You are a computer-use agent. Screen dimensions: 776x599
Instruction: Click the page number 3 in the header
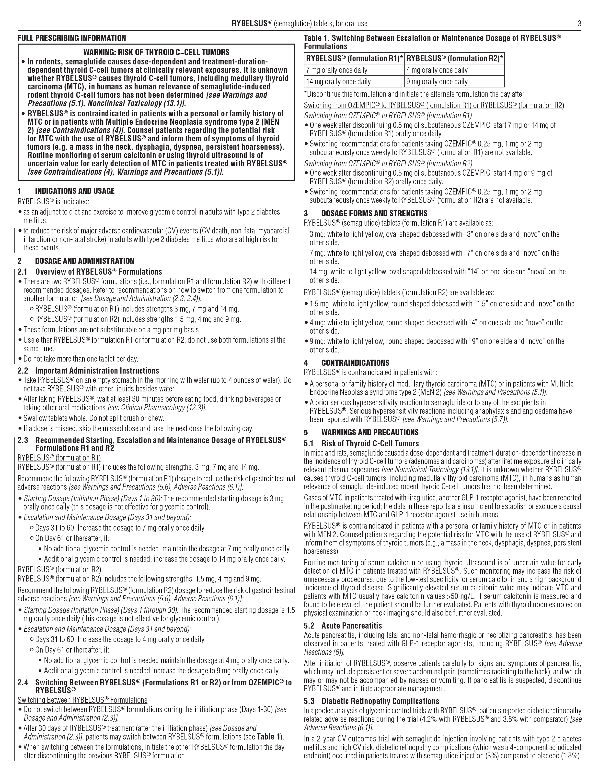tap(579, 24)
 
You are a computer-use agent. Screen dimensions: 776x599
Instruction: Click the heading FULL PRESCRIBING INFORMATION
tap(72, 38)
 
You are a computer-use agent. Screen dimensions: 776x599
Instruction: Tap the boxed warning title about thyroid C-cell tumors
tap(156, 52)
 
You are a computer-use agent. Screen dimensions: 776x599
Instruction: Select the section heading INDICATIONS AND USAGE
tap(75, 191)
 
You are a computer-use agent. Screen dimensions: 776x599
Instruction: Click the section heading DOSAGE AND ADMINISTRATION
tap(84, 261)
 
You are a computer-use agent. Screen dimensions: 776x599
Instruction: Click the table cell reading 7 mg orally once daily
tap(337, 70)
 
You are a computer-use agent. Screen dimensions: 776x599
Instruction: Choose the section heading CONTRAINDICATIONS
tap(355, 363)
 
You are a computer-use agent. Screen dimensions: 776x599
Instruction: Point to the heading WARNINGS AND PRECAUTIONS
tap(370, 432)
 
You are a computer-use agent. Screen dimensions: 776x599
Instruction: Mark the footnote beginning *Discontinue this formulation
tap(414, 94)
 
